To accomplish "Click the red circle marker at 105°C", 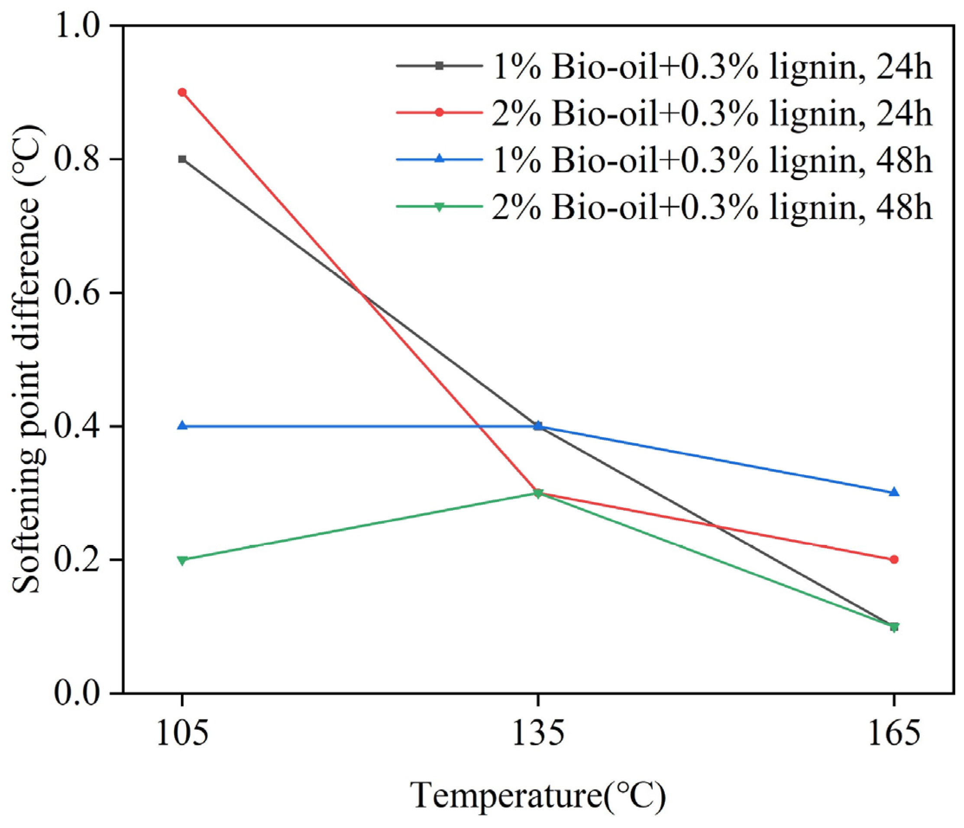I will coord(182,93).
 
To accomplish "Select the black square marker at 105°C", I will coord(182,159).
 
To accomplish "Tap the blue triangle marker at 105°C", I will coord(182,425).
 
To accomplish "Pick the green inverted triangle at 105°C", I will coord(182,560).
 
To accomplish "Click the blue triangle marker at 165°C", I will coord(894,492).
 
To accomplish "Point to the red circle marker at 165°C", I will coord(894,559).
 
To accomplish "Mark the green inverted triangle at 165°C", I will coord(894,627).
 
